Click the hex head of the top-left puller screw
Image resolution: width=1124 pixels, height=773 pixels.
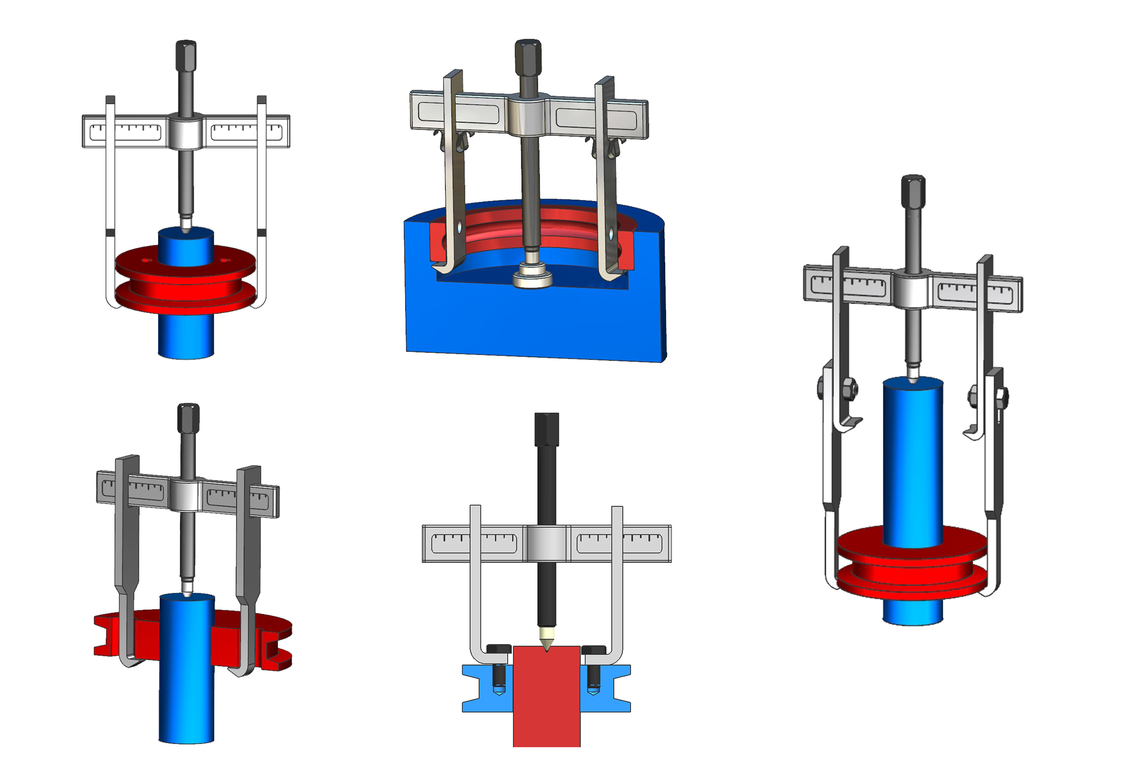coord(186,56)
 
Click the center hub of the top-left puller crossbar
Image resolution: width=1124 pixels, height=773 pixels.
coord(185,132)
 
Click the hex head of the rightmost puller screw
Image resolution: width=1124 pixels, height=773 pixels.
coord(913,191)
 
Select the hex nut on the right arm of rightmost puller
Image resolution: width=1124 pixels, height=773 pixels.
coord(1001,397)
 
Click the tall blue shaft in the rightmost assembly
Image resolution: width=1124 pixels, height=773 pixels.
coord(913,461)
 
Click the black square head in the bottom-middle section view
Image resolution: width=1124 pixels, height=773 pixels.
coord(547,429)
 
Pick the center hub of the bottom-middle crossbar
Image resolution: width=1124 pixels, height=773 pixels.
coord(546,543)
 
